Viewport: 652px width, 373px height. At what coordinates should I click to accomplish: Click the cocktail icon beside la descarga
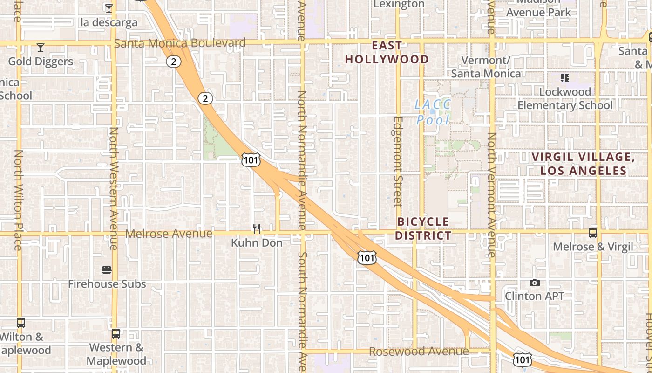(109, 8)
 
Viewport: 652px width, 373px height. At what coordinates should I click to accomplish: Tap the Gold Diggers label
(41, 62)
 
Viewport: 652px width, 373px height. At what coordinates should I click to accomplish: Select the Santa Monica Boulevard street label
(180, 43)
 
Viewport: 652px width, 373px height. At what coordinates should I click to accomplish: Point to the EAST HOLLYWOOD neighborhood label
(387, 52)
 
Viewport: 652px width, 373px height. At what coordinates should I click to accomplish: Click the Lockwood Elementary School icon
(565, 77)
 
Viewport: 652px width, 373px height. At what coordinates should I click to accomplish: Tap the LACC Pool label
(433, 112)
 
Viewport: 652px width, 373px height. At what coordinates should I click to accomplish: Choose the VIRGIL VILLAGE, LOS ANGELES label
(583, 164)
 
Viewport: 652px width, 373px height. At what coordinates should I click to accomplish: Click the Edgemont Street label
(397, 161)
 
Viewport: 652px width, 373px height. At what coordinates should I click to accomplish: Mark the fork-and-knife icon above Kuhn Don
(257, 228)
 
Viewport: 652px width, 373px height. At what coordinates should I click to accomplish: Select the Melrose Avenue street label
(169, 234)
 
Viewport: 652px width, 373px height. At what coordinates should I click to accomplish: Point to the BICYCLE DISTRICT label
(423, 228)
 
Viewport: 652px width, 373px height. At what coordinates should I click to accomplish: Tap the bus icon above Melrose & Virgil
(593, 233)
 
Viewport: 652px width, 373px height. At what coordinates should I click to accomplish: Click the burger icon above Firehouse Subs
(107, 270)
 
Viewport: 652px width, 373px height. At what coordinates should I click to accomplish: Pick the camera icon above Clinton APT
(535, 283)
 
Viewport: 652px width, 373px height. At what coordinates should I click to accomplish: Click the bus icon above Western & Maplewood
(116, 334)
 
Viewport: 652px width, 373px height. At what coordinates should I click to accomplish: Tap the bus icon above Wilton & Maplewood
(21, 323)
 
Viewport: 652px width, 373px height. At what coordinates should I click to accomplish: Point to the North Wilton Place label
(18, 200)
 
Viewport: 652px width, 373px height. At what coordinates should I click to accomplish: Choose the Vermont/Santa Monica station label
(486, 67)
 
